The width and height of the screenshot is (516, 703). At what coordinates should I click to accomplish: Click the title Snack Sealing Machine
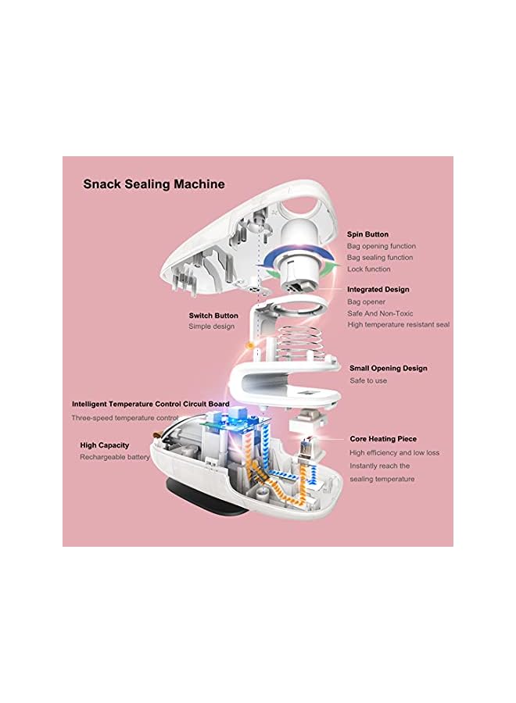pyautogui.click(x=154, y=184)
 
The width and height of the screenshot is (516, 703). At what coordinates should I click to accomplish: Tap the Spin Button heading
pyautogui.click(x=367, y=234)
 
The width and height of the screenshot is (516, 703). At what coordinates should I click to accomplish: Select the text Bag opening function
pyautogui.click(x=380, y=246)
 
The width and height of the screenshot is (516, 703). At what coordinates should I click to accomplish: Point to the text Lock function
pyautogui.click(x=369, y=269)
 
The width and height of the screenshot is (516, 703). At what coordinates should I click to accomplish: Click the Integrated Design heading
pyautogui.click(x=378, y=290)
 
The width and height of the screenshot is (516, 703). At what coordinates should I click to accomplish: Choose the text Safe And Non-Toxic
pyautogui.click(x=379, y=313)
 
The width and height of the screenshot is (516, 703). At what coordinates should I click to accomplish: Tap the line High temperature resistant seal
pyautogui.click(x=398, y=325)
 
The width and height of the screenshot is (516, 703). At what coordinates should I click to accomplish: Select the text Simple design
pyautogui.click(x=211, y=327)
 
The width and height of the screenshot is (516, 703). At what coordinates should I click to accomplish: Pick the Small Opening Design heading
pyautogui.click(x=388, y=369)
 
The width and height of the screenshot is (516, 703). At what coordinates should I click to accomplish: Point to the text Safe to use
pyautogui.click(x=368, y=381)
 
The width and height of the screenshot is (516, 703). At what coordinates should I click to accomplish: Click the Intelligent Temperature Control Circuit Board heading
pyautogui.click(x=151, y=405)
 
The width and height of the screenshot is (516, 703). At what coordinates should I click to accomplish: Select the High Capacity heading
pyautogui.click(x=104, y=445)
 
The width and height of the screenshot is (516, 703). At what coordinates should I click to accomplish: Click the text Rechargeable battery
pyautogui.click(x=115, y=457)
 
